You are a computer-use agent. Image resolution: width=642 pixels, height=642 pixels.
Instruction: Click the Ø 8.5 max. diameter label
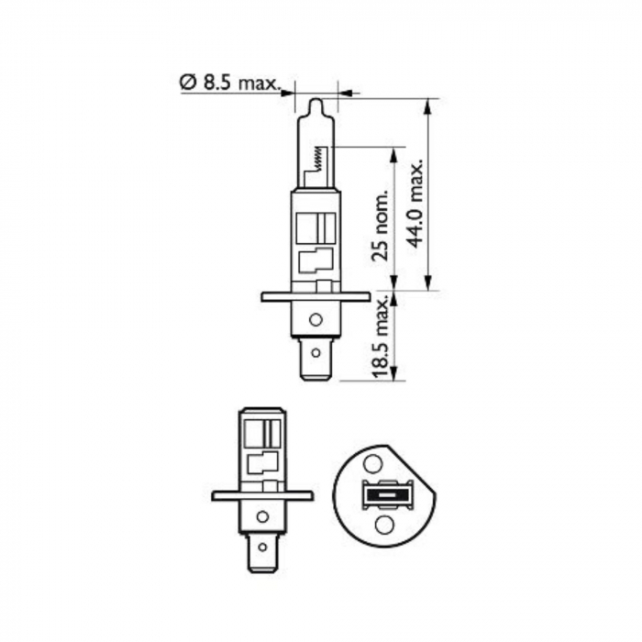pyautogui.click(x=229, y=83)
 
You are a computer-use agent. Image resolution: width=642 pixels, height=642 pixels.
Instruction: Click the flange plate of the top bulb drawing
pyautogui.click(x=315, y=297)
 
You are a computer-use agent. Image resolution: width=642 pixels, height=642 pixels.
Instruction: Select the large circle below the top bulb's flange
pyautogui.click(x=315, y=319)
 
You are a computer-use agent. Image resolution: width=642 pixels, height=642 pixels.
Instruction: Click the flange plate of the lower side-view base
pyautogui.click(x=262, y=495)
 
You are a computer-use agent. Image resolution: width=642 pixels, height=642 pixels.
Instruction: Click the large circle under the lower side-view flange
pyautogui.click(x=262, y=516)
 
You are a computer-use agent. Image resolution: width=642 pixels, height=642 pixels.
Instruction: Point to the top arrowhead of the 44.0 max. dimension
pyautogui.click(x=428, y=103)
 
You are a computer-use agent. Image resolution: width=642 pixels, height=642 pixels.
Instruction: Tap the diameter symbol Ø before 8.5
pyautogui.click(x=186, y=83)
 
